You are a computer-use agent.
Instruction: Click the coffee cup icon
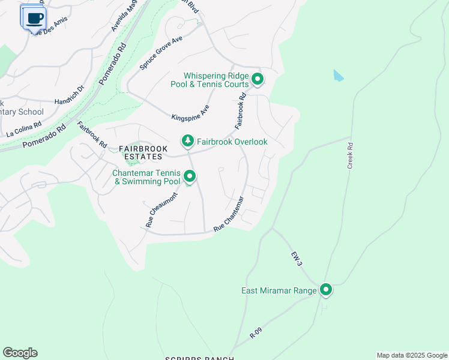[35, 18]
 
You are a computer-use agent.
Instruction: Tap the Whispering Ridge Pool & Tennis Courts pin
[258, 79]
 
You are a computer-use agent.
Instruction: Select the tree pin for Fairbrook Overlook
[188, 141]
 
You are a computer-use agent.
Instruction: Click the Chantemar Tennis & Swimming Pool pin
[190, 176]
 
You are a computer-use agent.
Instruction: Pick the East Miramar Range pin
[326, 290]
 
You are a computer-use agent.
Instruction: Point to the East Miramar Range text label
[279, 290]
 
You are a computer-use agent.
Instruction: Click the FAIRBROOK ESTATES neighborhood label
[140, 152]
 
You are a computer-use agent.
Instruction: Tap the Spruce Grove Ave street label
[160, 53]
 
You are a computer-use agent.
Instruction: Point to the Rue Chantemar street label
[229, 214]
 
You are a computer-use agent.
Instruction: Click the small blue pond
[339, 76]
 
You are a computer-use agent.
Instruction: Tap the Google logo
[20, 353]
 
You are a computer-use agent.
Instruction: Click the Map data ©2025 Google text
[412, 355]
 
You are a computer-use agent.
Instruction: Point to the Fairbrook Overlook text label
[232, 142]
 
